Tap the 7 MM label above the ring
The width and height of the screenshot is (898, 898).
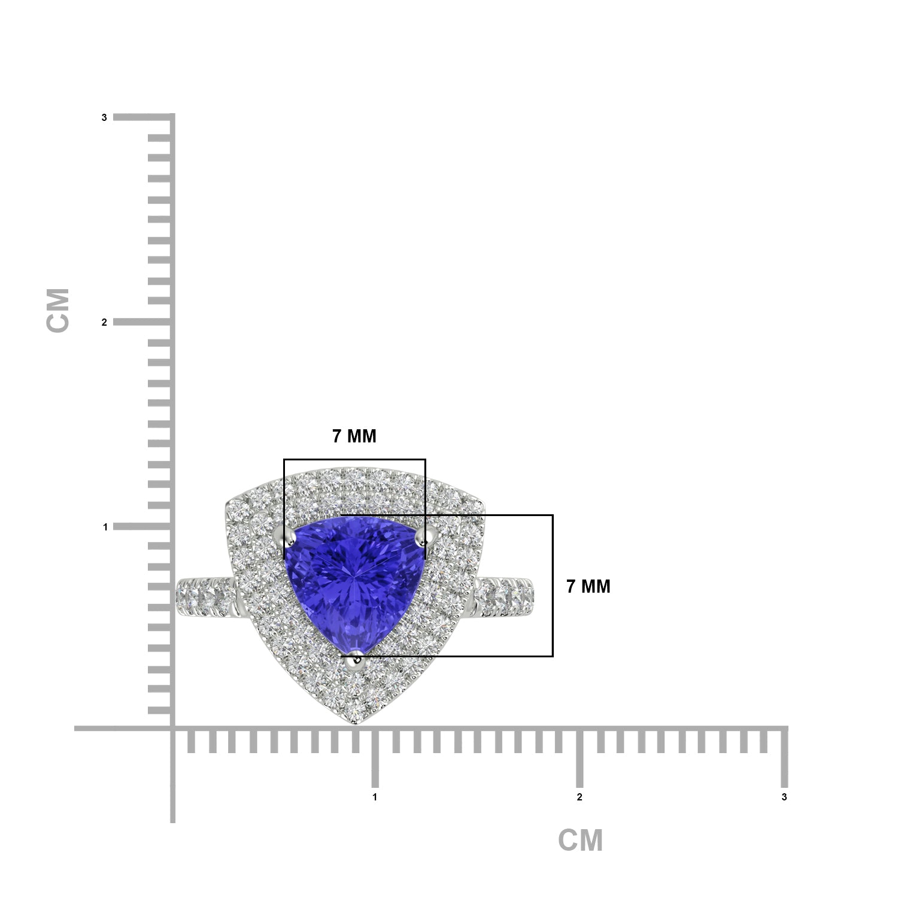[x=354, y=436]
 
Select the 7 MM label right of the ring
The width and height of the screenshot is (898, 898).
[x=588, y=587]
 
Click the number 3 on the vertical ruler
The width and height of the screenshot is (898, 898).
[x=104, y=118]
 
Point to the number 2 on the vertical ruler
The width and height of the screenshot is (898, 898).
[x=104, y=322]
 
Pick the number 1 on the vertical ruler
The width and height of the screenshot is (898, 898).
[x=105, y=527]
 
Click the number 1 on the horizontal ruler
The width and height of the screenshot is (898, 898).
[x=375, y=797]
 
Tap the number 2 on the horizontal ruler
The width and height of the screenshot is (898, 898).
[x=580, y=797]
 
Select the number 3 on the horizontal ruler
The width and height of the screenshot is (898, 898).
[x=784, y=797]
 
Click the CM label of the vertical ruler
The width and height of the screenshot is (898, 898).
[x=58, y=310]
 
